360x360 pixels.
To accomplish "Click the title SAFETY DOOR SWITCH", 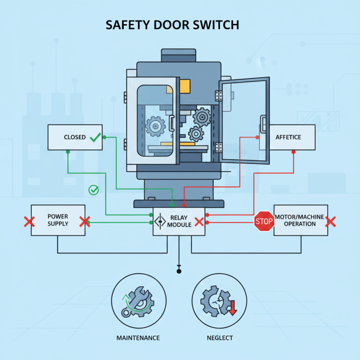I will click(x=172, y=25).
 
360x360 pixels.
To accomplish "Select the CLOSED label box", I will click(x=75, y=137).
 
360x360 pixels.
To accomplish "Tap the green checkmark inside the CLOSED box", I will click(x=95, y=137).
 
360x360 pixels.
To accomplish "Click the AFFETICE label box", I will click(x=288, y=137).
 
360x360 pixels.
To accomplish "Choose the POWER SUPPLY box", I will click(x=58, y=220).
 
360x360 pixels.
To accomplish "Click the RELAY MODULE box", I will click(x=179, y=221).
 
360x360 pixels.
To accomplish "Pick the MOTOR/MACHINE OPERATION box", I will click(x=300, y=220).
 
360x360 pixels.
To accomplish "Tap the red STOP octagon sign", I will click(x=264, y=221).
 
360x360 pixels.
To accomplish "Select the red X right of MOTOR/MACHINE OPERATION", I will click(x=331, y=221).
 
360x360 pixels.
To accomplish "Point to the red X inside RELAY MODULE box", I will click(x=199, y=222).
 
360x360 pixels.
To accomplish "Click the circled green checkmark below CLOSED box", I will click(x=94, y=190).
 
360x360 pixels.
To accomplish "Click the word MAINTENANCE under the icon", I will click(x=138, y=337).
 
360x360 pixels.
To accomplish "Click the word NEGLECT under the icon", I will click(x=220, y=337).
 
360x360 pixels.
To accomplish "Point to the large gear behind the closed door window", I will click(x=156, y=126).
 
